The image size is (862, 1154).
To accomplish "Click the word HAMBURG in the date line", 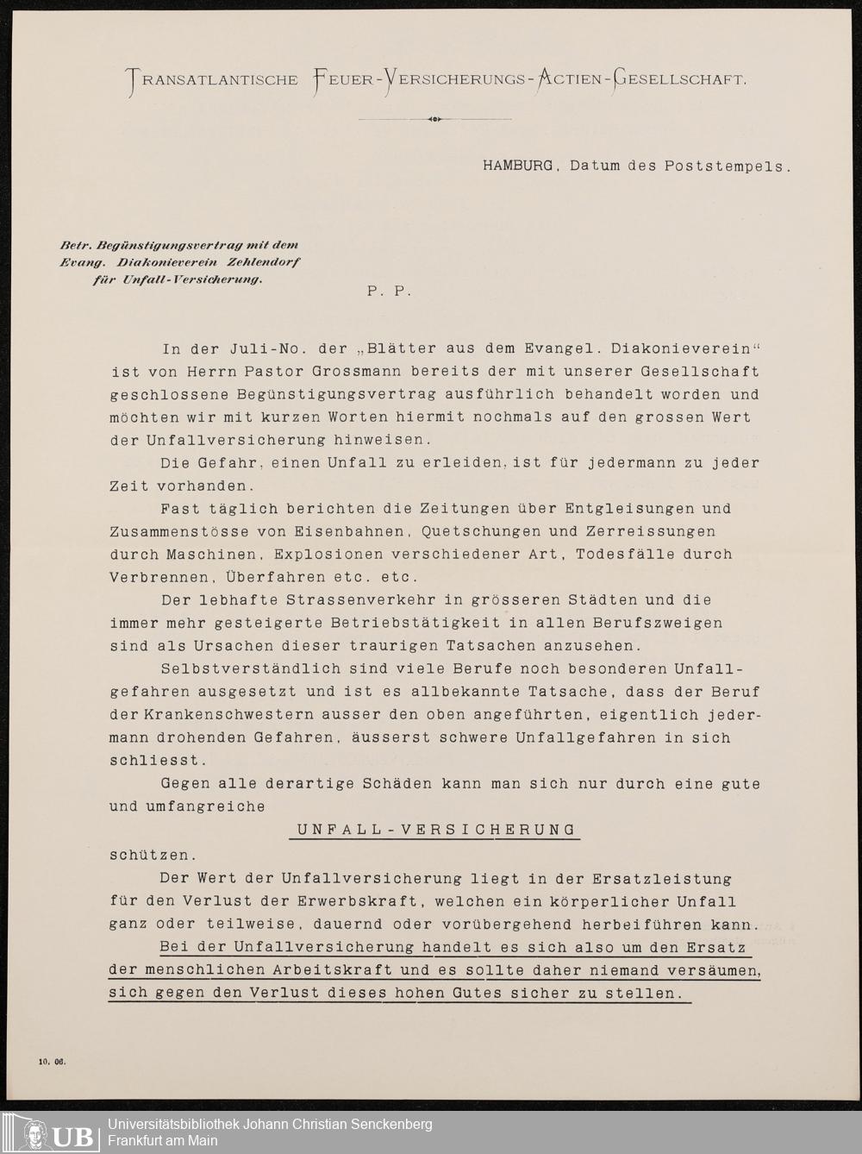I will (517, 166).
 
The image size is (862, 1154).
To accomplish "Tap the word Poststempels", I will (728, 166).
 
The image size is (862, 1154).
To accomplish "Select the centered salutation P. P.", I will (389, 292).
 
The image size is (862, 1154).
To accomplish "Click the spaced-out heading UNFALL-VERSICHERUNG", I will (436, 830).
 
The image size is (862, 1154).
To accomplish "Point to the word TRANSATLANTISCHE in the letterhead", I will (213, 80).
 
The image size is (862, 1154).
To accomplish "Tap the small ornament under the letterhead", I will (434, 119).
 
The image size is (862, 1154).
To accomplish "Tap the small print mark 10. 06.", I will (51, 1062).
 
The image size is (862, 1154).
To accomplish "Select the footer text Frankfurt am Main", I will (162, 1141).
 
